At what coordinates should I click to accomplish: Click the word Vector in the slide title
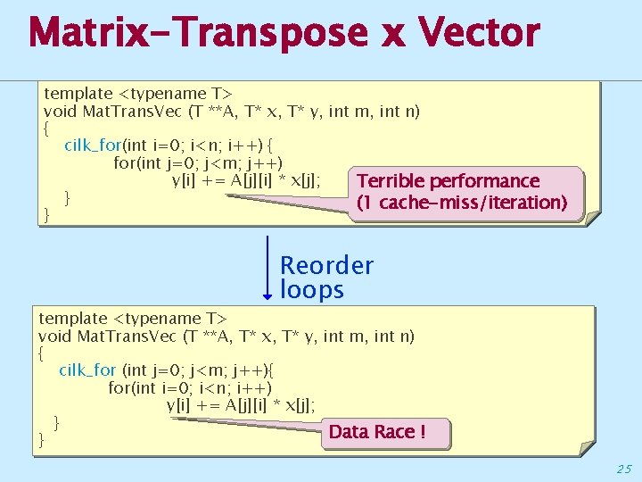[480, 33]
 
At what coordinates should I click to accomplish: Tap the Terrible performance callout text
[448, 181]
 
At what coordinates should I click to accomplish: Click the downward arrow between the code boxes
[267, 268]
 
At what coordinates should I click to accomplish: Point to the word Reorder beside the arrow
[326, 265]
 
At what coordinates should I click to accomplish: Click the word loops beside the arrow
[311, 290]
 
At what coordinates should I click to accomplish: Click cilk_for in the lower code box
[87, 370]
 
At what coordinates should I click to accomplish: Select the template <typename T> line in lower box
[133, 318]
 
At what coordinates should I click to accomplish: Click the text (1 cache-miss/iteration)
[461, 203]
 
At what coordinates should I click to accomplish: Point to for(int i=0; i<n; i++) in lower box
[190, 387]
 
